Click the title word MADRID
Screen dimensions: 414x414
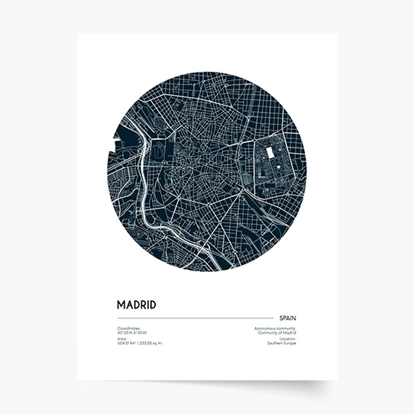[136, 305]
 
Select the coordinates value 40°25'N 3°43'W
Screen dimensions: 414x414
[132, 332]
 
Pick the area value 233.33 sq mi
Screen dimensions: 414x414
[151, 344]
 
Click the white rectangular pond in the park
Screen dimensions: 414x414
[270, 153]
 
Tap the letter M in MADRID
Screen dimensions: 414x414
[121, 305]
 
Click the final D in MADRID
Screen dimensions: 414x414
[153, 305]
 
